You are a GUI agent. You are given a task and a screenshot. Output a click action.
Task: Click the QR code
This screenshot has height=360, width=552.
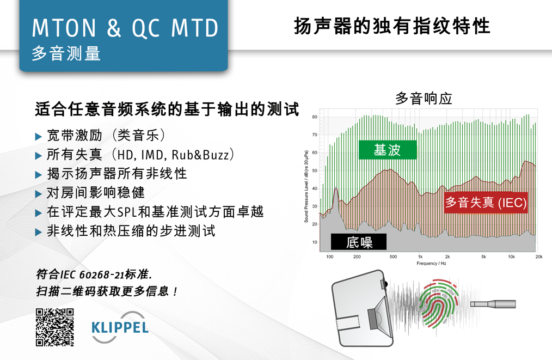[x=54, y=327]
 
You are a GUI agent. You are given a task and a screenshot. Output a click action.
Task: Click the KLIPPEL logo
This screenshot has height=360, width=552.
[x=120, y=327]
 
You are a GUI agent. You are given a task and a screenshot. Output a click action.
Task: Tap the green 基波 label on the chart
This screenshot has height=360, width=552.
[x=388, y=150]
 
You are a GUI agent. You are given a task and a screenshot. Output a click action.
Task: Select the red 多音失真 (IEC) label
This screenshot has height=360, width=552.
[x=486, y=203]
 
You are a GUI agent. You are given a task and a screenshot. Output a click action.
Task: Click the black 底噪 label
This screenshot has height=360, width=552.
[x=359, y=242]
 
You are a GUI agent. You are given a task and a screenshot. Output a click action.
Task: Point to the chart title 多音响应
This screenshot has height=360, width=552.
[x=424, y=98]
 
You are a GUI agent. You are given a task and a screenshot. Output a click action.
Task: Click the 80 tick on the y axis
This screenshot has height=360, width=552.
[x=314, y=117]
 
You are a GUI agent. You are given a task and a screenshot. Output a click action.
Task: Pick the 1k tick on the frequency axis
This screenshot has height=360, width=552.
[x=420, y=257]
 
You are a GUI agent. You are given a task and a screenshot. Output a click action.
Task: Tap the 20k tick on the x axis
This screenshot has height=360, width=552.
[x=538, y=257]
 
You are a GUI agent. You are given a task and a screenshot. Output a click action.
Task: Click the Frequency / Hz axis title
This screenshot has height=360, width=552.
[x=431, y=263]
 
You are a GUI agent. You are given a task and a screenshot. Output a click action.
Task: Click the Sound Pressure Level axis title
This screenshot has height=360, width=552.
[x=306, y=186]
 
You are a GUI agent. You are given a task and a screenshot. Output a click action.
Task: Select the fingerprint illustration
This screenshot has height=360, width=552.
[x=439, y=302]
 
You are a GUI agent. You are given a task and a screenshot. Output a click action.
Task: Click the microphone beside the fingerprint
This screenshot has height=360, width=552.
[x=493, y=304]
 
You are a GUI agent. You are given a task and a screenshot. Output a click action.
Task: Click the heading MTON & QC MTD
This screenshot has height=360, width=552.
[x=125, y=28]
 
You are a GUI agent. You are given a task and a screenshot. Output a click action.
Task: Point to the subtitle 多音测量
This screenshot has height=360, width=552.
[x=66, y=53]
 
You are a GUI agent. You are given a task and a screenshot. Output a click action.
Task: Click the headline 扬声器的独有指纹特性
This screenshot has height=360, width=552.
[x=392, y=26]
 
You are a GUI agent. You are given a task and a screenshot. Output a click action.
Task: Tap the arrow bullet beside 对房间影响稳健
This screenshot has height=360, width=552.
[x=39, y=194]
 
